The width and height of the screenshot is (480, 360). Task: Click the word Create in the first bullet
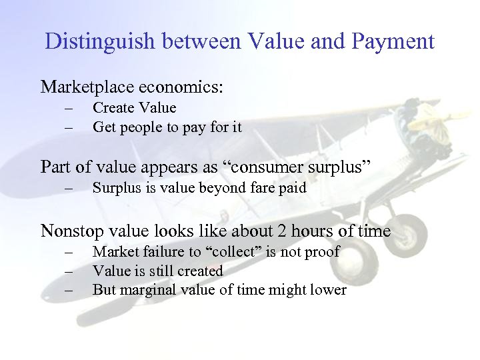112,108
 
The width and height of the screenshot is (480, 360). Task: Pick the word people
138,127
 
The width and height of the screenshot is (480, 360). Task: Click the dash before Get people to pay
67,127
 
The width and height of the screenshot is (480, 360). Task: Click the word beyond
221,188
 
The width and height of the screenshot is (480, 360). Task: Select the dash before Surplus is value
67,188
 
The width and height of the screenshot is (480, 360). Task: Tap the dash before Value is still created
67,271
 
